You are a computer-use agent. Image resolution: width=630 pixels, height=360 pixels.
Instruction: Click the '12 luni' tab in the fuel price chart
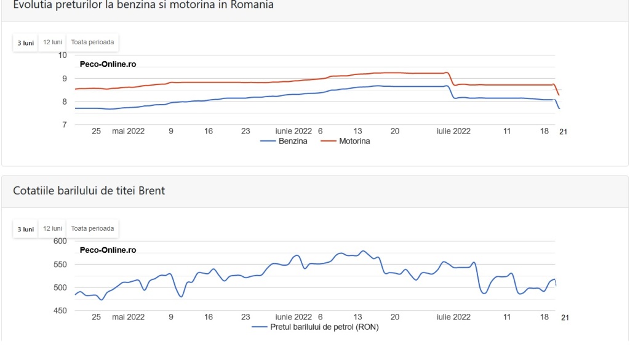coord(53,42)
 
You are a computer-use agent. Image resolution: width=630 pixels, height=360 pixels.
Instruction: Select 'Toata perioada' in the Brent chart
coord(92,229)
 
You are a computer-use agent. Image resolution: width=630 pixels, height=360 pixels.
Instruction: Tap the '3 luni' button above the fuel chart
coord(25,42)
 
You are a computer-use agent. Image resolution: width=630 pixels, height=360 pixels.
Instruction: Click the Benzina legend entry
coord(284,141)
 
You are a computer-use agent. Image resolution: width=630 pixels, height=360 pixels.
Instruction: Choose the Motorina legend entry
coord(345,141)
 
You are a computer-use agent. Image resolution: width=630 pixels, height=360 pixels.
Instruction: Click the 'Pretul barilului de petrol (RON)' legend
coord(315,327)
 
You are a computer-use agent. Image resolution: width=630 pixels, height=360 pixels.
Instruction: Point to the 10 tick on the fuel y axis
coord(62,55)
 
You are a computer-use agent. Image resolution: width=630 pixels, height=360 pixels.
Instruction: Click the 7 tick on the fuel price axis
coord(64,124)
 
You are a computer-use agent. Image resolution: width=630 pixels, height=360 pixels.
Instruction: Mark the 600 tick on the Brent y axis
coord(60,241)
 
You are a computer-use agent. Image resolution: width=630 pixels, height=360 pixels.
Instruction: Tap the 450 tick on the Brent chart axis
coord(60,311)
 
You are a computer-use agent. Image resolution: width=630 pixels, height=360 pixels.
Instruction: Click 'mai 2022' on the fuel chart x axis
coord(128,131)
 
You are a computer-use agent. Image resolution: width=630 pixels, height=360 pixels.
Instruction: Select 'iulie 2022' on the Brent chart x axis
coord(453,317)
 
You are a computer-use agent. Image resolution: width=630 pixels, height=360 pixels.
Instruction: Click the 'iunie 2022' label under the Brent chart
coord(293,317)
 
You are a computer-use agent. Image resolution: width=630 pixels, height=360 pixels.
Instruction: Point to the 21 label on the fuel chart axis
coord(564,132)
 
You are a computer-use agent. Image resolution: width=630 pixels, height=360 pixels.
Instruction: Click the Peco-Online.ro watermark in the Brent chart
coord(108,250)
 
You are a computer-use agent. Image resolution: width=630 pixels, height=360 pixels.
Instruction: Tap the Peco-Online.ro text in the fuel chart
coord(108,64)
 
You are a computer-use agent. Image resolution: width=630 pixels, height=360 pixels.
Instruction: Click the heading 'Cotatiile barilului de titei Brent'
coord(89,190)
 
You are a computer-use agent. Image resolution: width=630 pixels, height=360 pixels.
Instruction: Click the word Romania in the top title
coord(252,5)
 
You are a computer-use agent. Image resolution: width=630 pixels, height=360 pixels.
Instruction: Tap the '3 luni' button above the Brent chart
coord(25,229)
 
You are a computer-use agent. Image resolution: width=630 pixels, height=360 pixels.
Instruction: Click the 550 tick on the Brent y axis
coord(60,265)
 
